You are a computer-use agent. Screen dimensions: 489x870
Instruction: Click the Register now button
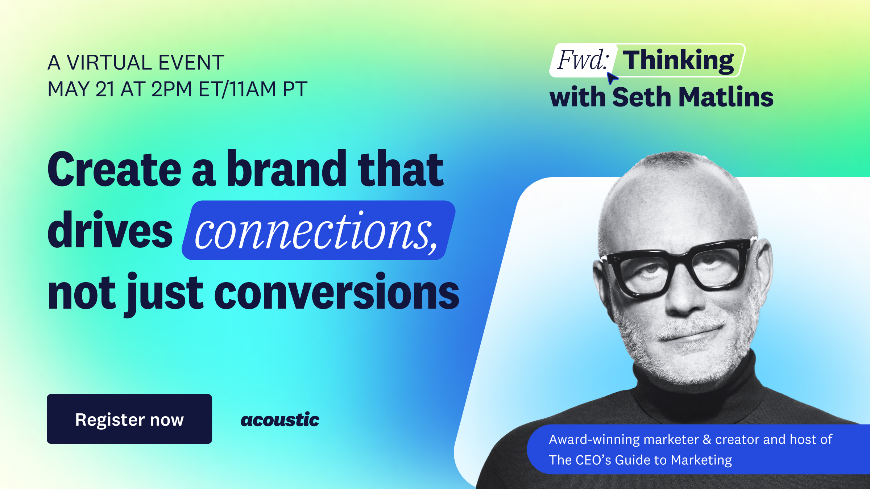point(129,419)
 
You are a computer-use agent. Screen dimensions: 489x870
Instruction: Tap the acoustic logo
point(280,420)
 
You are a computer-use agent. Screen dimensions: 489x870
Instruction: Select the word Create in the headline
point(114,170)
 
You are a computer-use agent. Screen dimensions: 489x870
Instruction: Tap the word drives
point(110,231)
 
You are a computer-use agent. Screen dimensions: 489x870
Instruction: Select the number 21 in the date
point(105,89)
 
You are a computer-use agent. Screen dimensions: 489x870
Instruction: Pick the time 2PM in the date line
point(171,89)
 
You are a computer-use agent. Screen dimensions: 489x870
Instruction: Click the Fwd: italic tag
point(582,60)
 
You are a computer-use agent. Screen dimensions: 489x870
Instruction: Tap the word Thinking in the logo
point(678,61)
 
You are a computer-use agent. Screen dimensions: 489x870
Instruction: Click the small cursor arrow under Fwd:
point(612,78)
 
